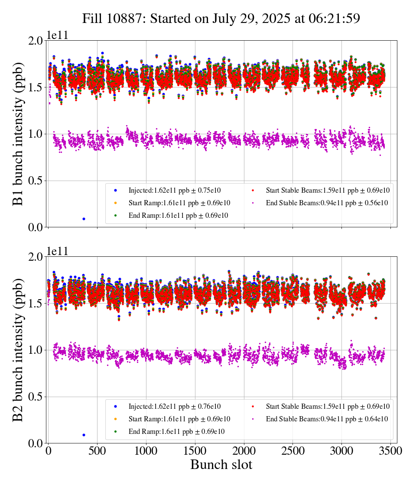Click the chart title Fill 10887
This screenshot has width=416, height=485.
point(221,19)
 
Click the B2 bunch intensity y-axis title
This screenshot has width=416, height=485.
point(18,349)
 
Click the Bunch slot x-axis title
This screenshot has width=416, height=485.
point(221,465)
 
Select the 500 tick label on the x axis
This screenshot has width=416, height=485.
point(97,451)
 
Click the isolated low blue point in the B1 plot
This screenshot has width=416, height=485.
point(84,219)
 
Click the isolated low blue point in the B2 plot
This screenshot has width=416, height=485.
point(84,435)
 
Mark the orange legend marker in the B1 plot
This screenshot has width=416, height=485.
point(115,203)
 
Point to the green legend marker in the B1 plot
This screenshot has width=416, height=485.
point(115,215)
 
